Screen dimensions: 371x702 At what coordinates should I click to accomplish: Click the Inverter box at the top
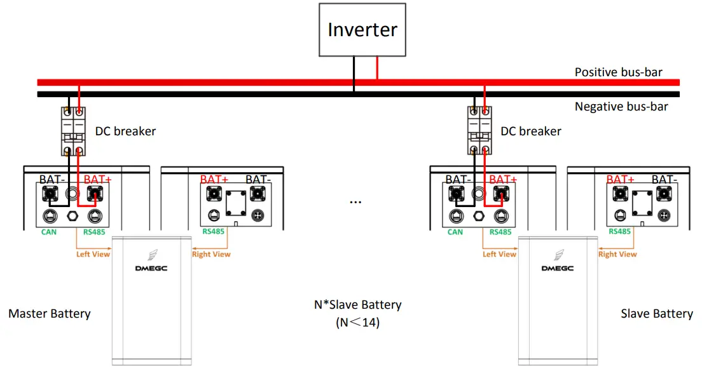pos(362,30)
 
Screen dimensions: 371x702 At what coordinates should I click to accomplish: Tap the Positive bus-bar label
pos(618,72)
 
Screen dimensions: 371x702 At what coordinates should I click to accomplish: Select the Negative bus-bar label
pos(621,107)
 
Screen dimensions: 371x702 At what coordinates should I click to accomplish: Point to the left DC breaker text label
pos(125,132)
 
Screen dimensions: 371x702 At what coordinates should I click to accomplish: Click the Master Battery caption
pos(50,314)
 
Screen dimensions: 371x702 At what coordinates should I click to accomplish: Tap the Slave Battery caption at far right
pos(656,314)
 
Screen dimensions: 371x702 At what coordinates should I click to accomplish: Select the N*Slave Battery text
pos(357,305)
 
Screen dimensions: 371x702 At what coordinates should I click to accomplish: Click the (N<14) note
pos(357,323)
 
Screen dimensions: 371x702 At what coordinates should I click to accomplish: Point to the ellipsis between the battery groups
pos(355,201)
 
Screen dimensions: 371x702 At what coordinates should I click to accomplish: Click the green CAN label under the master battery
pos(48,233)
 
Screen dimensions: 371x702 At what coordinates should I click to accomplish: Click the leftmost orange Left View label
pos(93,255)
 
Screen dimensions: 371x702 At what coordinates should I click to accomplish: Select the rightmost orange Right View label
pos(617,255)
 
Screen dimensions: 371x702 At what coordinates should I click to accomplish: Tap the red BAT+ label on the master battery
pos(97,180)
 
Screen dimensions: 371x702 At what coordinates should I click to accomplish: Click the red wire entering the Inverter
pos(377,67)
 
